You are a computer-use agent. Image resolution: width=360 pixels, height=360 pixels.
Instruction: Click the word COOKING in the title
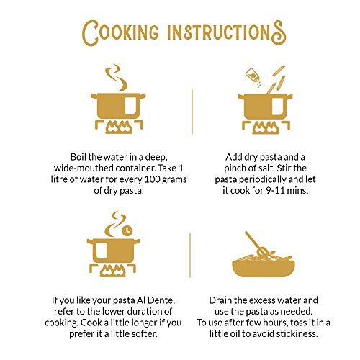pos(120,33)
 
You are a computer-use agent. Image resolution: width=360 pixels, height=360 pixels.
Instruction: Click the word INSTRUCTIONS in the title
pos(227,32)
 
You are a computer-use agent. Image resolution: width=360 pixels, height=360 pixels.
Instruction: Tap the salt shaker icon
pos(253,75)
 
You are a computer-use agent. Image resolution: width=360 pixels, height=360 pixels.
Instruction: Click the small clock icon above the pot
pos(127,230)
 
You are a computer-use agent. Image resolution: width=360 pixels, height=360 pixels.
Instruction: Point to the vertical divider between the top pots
pos(192,112)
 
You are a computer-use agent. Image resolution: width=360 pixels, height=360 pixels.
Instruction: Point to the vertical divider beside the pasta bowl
pos(190,255)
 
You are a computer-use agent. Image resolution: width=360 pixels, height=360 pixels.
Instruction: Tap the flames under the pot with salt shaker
pos(266,127)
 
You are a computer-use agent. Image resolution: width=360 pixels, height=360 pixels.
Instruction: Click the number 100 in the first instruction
pos(153,179)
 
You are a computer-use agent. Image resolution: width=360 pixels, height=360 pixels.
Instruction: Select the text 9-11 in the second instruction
pos(272,191)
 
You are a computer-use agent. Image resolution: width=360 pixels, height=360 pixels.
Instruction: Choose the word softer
pos(144,333)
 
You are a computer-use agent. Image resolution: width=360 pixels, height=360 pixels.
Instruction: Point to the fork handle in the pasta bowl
pos(252,240)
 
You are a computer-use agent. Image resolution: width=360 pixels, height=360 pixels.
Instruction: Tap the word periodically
pos(264,179)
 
